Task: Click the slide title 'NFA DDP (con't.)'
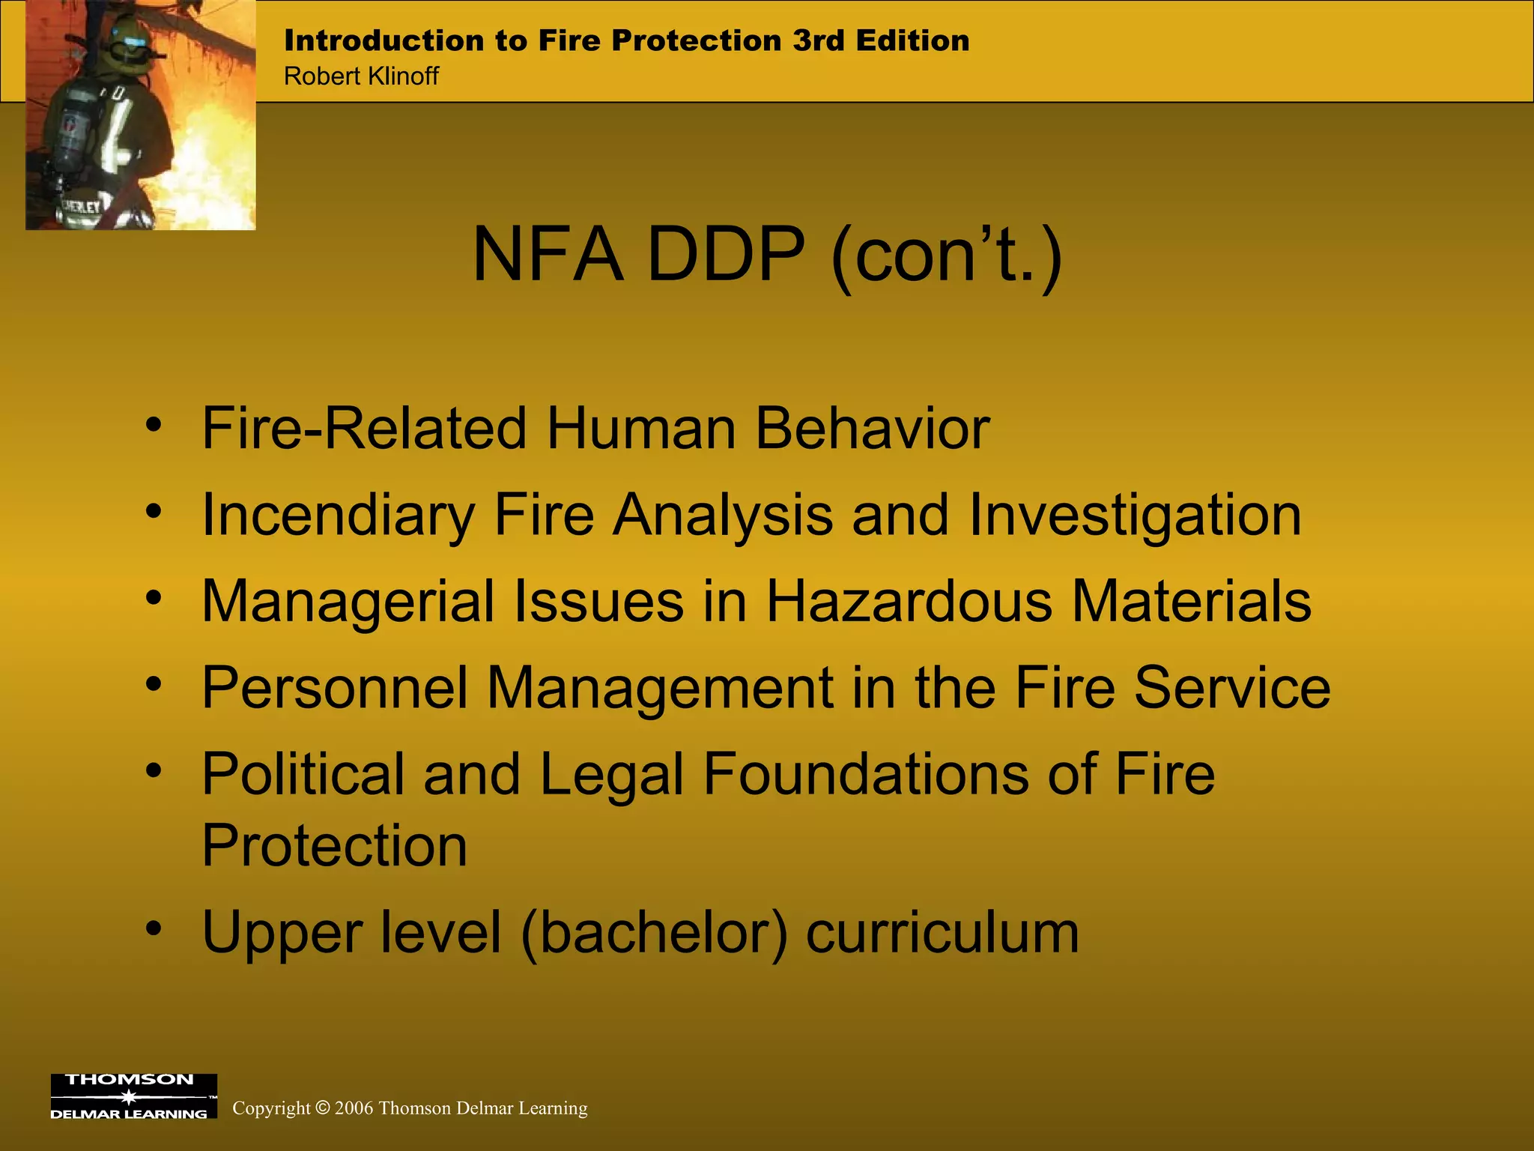[x=767, y=256]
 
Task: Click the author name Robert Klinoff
[x=361, y=76]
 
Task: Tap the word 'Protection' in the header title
[x=696, y=40]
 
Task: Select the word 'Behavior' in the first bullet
[x=872, y=429]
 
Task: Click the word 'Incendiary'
[x=339, y=516]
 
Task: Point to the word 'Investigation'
[x=1135, y=516]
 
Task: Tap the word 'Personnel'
[x=335, y=688]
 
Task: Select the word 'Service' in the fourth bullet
[x=1232, y=688]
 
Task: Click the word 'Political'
[x=303, y=774]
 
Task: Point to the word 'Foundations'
[x=865, y=774]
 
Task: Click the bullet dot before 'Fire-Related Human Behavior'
[x=154, y=425]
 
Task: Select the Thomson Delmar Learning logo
[x=133, y=1096]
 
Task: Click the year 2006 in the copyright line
[x=354, y=1108]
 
